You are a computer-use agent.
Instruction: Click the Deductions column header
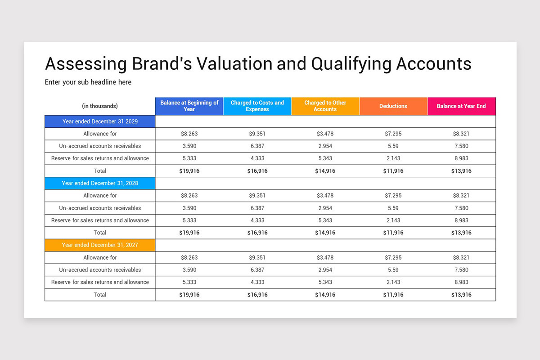[393, 106]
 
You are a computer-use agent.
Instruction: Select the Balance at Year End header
[461, 106]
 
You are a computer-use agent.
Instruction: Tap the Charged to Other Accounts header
[325, 106]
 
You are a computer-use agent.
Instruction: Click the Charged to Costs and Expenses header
[257, 106]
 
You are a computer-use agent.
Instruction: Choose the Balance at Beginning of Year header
[189, 106]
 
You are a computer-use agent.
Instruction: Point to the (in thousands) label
[100, 106]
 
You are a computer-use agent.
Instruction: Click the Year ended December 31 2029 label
[100, 121]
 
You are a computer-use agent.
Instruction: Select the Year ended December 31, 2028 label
[100, 183]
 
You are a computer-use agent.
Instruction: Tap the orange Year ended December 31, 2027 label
[100, 245]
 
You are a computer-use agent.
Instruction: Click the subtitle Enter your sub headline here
[88, 82]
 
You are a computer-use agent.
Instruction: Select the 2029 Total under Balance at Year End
[461, 171]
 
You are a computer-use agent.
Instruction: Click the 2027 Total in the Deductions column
[393, 295]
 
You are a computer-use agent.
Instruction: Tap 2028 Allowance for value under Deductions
[393, 196]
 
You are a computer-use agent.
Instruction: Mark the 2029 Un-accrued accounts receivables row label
[100, 146]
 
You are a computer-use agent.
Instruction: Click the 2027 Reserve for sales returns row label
[100, 282]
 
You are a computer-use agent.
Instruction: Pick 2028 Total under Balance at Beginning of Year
[189, 233]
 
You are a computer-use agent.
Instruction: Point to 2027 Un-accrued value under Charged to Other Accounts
[325, 270]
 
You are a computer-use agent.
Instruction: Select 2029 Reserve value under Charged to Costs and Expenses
[257, 158]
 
